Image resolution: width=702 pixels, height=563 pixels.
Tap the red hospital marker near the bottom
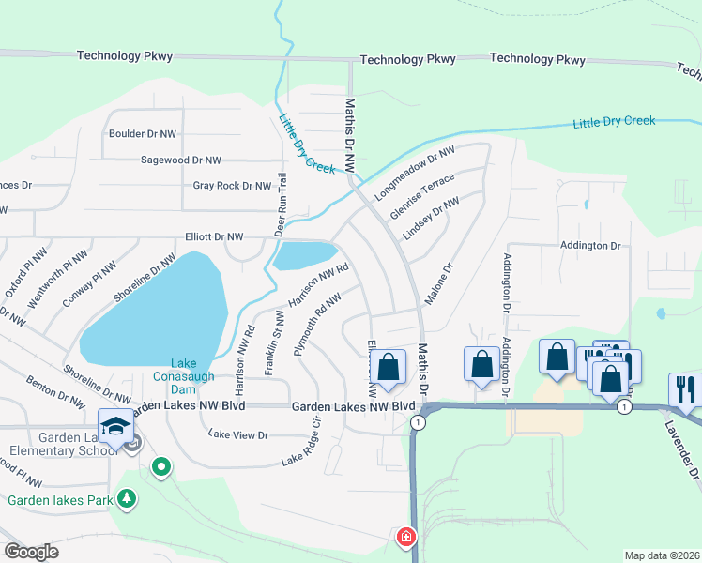[405, 538]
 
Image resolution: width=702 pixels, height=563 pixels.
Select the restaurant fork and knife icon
[684, 389]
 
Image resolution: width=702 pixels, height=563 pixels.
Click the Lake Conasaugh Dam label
[184, 370]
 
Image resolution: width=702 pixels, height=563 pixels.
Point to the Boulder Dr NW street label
[143, 134]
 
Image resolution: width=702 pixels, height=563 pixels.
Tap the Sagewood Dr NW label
[180, 160]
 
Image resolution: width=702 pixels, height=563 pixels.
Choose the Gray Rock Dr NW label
[232, 186]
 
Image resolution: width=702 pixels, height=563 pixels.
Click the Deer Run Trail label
[280, 204]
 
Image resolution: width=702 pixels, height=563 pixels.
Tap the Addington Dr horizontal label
[590, 246]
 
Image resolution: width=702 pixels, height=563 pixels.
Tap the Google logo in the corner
[31, 551]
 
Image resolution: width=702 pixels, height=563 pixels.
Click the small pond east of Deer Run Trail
[306, 253]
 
